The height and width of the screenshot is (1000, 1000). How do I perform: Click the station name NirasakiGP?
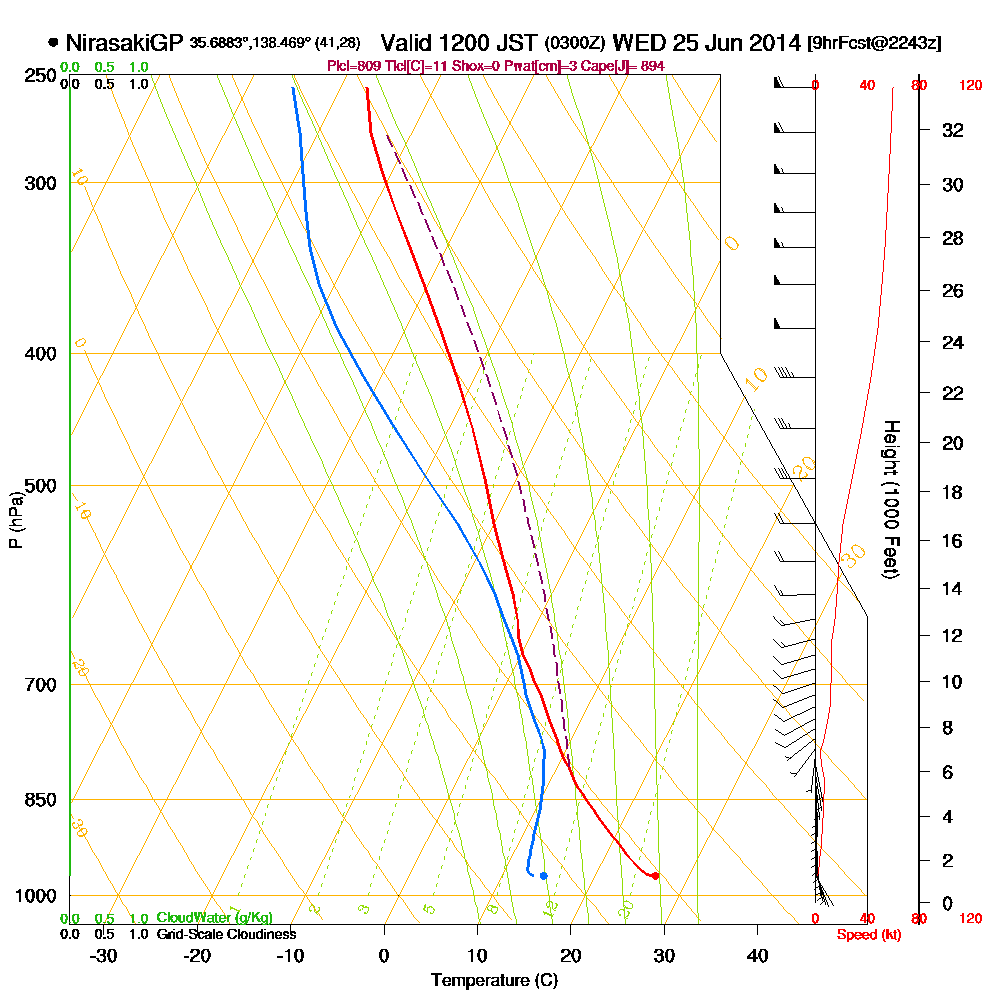[x=122, y=43]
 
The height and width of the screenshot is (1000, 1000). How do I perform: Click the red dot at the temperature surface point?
[x=655, y=876]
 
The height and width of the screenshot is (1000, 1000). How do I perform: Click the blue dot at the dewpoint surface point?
[x=543, y=876]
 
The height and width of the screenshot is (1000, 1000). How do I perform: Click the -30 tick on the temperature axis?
[x=104, y=955]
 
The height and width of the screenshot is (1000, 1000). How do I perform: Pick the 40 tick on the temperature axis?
[x=758, y=955]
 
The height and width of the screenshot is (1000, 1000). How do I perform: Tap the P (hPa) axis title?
[x=15, y=519]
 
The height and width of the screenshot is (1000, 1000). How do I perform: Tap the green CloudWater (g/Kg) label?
[x=214, y=918]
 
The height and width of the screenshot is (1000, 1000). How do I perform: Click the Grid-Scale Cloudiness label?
[x=226, y=934]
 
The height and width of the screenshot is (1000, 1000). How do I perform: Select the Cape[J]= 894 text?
[x=628, y=65]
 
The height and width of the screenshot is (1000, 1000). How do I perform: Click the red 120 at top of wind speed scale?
[x=970, y=85]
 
